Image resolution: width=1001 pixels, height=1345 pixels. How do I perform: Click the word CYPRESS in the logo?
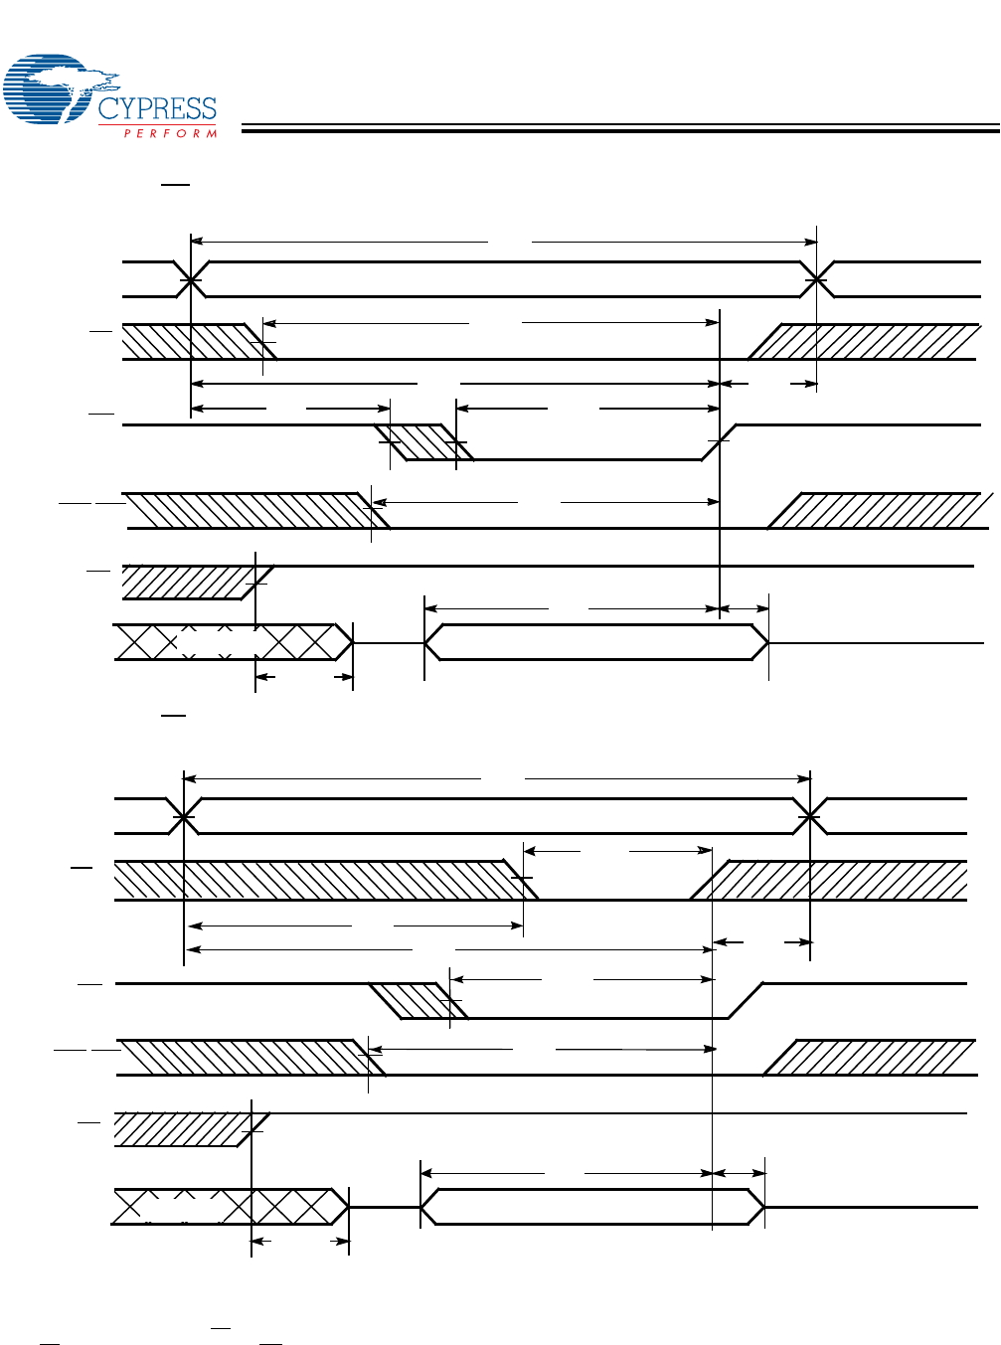pos(157,108)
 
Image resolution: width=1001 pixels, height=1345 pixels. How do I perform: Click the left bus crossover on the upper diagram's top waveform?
pos(190,280)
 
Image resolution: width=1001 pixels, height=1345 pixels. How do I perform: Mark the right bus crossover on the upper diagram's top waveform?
pos(817,280)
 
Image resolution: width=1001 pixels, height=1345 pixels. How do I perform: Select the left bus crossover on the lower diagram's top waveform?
pos(184,816)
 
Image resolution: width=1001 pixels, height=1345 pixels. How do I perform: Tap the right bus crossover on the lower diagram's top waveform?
pos(811,816)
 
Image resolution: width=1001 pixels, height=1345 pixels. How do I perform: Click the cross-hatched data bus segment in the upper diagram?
pos(234,642)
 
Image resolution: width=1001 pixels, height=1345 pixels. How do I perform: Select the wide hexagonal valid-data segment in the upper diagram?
pos(596,642)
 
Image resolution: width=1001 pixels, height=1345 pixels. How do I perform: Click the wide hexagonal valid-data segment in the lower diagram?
pos(592,1206)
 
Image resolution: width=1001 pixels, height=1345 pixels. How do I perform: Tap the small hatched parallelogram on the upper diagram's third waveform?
pos(423,442)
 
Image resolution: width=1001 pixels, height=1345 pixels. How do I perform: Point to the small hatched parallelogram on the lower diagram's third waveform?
pos(418,1001)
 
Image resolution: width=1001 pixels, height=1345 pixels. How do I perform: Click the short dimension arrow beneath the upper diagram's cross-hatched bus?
pos(304,678)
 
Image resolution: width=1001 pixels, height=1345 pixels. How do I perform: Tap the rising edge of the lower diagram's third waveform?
pos(746,1001)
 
